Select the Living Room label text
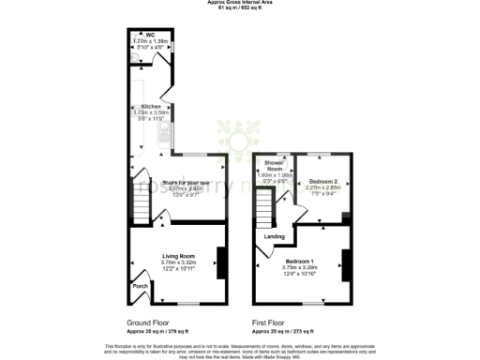[x=178, y=255]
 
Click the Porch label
[x=140, y=286]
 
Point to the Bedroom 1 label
[x=302, y=260]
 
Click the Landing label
[x=275, y=236]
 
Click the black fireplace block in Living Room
[x=221, y=260]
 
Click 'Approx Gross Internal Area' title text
[x=239, y=3]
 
